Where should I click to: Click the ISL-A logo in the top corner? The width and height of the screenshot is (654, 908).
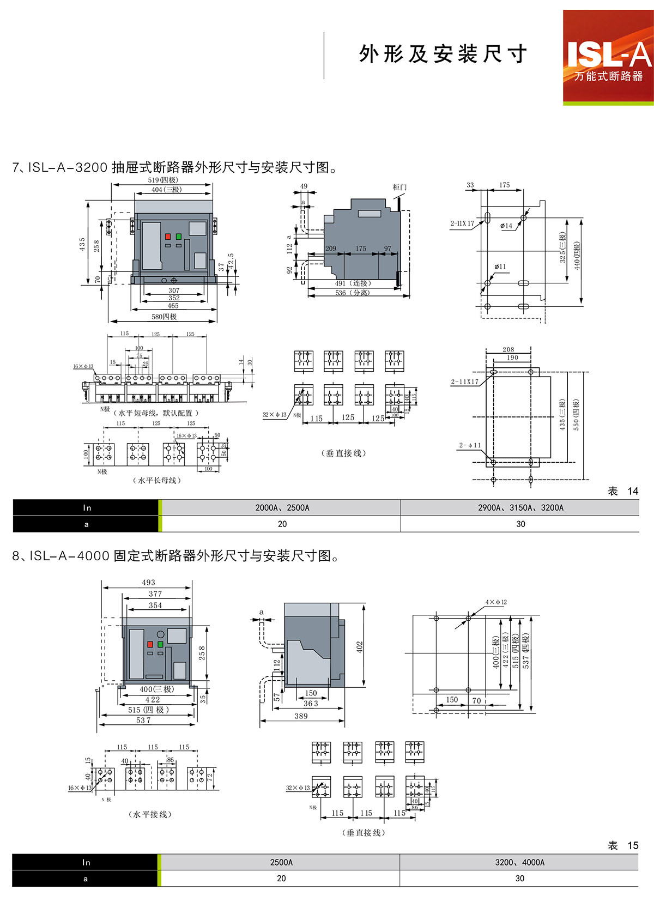point(608,57)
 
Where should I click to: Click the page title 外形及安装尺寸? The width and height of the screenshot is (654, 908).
point(443,55)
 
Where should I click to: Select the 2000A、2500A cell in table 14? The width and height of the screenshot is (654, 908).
point(282,507)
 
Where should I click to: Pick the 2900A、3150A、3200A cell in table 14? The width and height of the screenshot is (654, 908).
point(520,507)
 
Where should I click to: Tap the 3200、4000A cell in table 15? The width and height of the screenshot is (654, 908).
point(519,862)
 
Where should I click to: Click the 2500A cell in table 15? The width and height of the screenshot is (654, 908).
point(281,862)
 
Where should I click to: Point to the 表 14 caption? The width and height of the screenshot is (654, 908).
point(622,491)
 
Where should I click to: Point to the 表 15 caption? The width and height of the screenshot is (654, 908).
point(622,845)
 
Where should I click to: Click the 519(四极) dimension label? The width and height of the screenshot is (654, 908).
point(163,180)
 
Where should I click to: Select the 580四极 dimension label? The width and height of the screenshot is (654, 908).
point(164,317)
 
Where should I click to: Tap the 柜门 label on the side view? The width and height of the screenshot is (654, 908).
point(399,187)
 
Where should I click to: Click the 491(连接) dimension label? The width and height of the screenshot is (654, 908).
point(353,283)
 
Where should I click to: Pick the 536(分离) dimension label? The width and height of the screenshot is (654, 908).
point(353,293)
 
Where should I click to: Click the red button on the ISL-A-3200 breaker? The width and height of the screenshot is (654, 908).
point(168,237)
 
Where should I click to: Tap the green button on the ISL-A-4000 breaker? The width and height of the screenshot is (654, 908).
point(160,644)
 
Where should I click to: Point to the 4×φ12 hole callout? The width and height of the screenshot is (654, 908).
point(496,602)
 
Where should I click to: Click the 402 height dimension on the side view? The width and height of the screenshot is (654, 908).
point(359,647)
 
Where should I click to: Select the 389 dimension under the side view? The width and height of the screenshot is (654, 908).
point(301,716)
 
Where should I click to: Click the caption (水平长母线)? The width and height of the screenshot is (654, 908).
point(157,480)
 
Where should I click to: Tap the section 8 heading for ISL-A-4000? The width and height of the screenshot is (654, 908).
point(175,556)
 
